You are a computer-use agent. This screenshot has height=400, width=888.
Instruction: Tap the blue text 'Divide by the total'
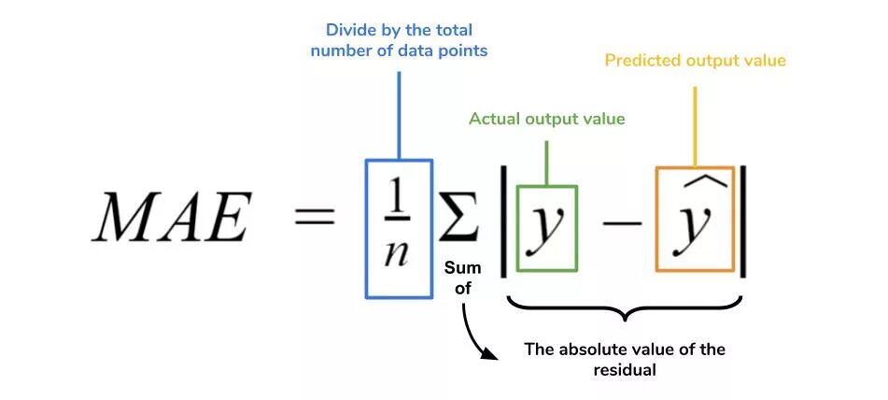point(399,30)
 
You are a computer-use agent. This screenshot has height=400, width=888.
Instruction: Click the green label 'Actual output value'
point(546,120)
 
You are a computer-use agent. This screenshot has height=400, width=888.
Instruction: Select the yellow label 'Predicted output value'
point(695,61)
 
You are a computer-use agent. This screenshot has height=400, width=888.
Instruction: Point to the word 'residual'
point(625,370)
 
